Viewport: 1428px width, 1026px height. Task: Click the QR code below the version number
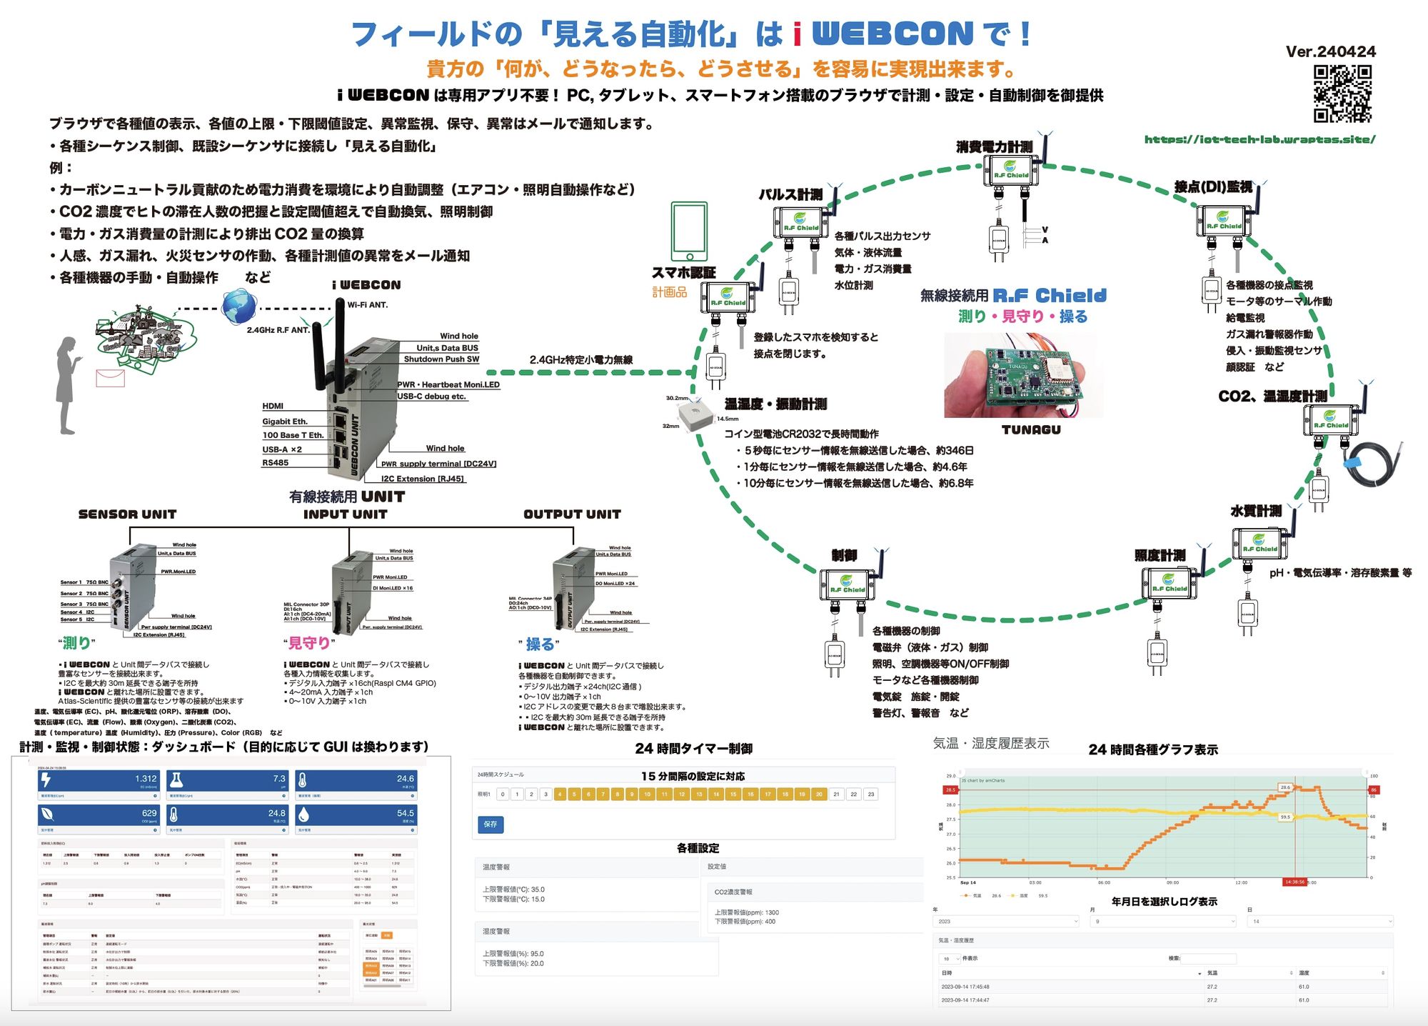click(1342, 94)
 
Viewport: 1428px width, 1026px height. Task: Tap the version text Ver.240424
click(1330, 51)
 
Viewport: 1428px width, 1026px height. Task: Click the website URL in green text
click(1259, 139)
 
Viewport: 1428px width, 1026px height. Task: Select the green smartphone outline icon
click(689, 231)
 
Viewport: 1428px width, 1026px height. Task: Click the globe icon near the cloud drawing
click(239, 307)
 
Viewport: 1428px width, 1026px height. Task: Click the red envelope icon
click(111, 378)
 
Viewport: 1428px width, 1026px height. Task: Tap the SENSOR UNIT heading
click(127, 514)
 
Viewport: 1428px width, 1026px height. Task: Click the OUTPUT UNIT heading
click(572, 514)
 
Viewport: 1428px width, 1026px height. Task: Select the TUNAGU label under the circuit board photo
click(1031, 430)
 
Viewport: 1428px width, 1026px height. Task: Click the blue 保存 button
click(490, 825)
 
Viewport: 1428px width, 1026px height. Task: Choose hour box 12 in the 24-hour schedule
click(682, 795)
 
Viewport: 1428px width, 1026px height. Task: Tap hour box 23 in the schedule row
click(871, 795)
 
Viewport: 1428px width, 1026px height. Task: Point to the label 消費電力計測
click(994, 146)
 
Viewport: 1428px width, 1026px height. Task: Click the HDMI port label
click(273, 406)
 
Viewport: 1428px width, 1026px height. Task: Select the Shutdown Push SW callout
click(441, 359)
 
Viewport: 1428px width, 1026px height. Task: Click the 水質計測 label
click(1255, 512)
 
